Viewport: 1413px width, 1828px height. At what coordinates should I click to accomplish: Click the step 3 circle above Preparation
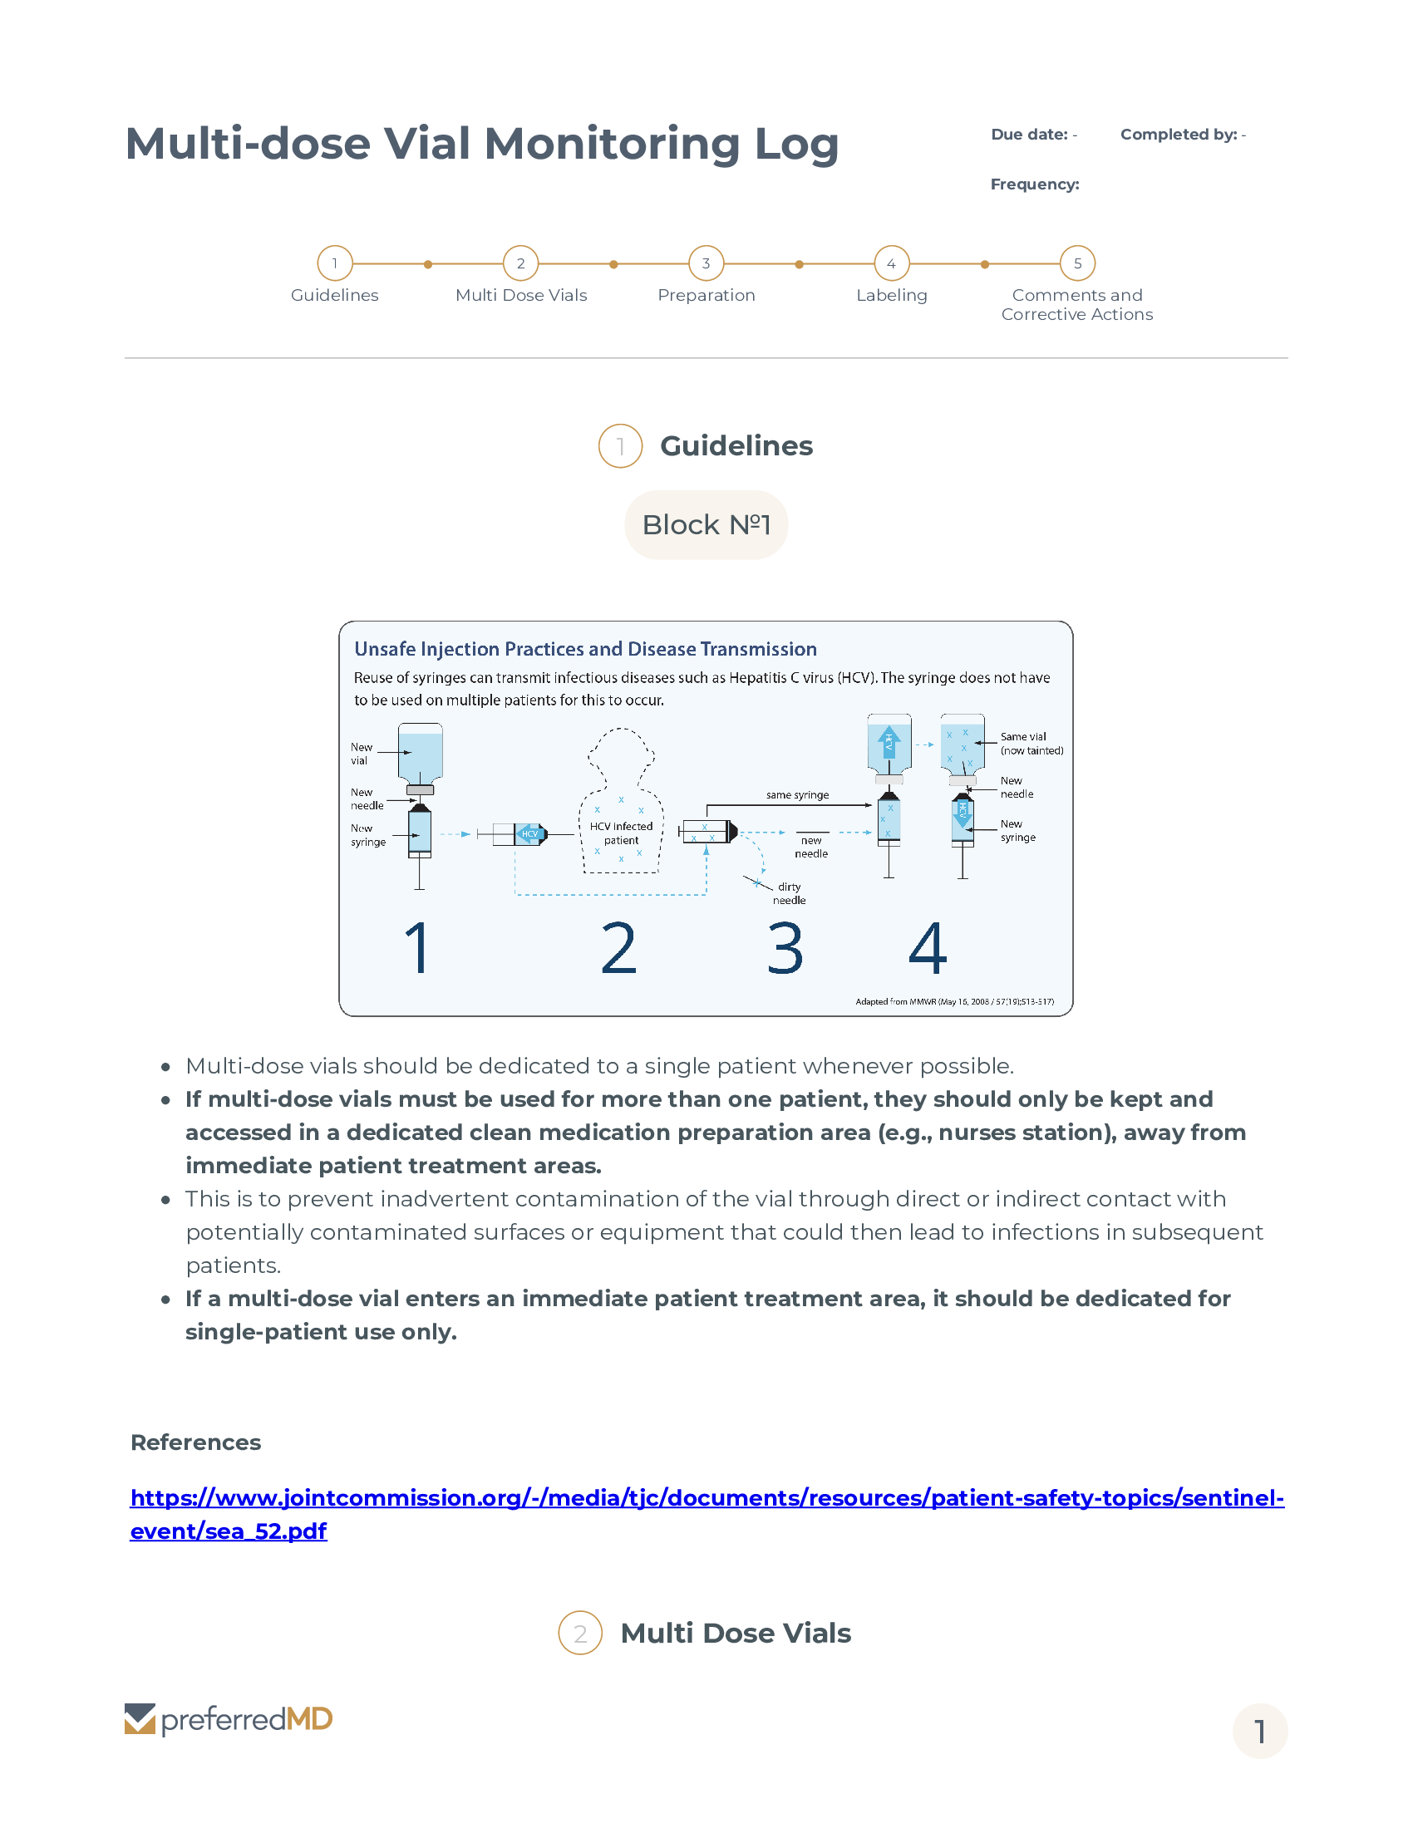706,263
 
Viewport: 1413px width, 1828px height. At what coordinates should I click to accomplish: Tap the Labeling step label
892,296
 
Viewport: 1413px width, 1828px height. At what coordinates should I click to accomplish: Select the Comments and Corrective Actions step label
1076,305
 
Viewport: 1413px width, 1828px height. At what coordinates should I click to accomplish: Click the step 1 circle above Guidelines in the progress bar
335,263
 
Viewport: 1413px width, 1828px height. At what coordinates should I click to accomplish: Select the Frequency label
1035,184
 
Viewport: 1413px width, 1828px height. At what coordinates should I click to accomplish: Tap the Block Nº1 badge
706,525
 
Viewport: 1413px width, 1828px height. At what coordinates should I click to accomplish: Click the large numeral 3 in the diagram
785,949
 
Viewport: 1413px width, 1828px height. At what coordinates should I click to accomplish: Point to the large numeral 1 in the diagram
417,949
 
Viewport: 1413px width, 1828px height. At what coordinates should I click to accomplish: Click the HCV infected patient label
621,833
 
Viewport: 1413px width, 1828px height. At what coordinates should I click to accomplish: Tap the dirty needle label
789,893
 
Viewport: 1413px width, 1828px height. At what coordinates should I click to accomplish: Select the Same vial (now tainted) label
1031,744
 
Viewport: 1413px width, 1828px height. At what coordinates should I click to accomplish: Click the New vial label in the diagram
361,754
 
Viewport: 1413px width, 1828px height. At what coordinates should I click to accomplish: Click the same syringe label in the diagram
797,795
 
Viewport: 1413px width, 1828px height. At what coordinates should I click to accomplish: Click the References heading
196,1443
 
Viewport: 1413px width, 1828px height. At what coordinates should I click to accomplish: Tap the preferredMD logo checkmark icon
140,1719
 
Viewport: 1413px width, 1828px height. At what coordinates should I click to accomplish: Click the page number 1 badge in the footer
1259,1731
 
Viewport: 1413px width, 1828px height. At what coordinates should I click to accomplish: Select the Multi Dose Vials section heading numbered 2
735,1633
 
